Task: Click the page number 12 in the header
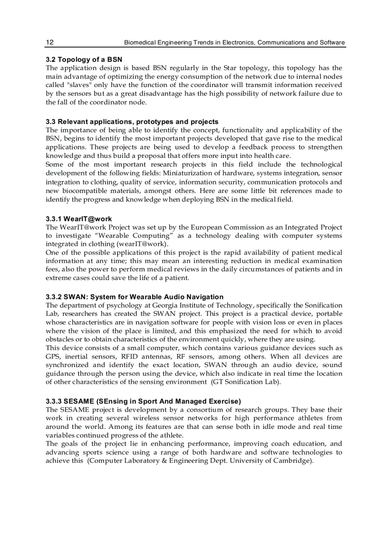pos(49,42)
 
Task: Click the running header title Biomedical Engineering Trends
pos(234,42)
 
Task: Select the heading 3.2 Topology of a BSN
pos(84,59)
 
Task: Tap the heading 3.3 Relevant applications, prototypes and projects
pos(132,122)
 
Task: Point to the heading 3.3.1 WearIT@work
pos(79,219)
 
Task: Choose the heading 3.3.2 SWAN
pos(135,297)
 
